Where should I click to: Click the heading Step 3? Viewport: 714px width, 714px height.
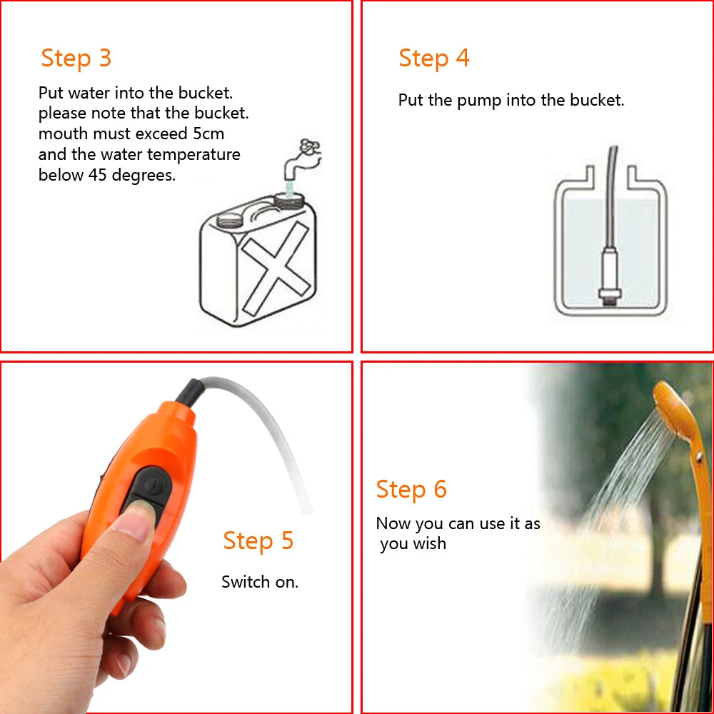76,58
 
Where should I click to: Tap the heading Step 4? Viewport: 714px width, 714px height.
433,58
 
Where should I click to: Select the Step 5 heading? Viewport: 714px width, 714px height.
258,540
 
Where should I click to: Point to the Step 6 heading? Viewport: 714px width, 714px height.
411,490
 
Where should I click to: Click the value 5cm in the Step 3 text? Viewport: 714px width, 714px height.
208,134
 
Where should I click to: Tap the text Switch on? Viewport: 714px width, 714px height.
260,582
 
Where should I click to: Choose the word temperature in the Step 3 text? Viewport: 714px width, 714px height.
193,154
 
